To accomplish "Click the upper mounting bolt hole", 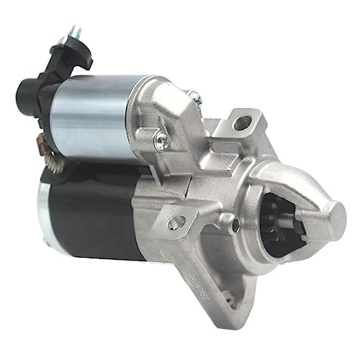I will click(241, 123).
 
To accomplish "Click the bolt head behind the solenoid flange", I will click(194, 94).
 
